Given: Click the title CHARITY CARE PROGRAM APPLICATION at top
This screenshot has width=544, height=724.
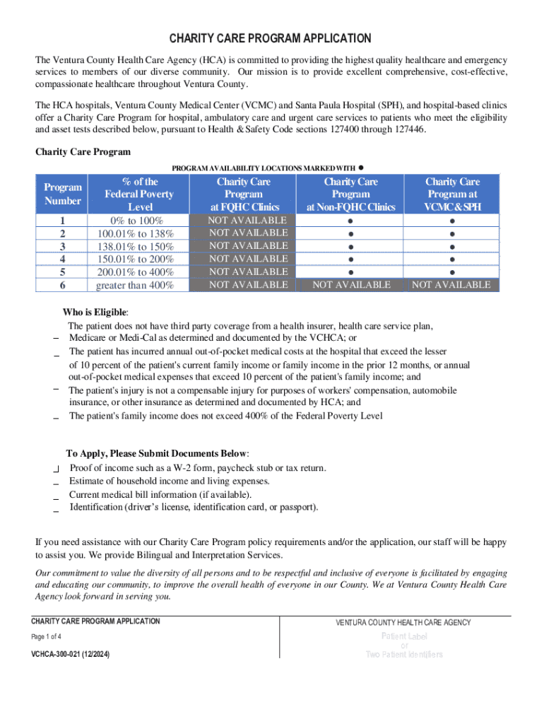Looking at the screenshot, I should (271, 38).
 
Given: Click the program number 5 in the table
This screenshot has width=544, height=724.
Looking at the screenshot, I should (63, 272).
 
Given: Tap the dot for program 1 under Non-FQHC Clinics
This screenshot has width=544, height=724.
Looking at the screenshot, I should (351, 221).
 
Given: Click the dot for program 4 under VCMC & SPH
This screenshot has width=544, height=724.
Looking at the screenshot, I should (452, 259).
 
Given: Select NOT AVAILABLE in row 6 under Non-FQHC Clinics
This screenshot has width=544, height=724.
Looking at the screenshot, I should (351, 285).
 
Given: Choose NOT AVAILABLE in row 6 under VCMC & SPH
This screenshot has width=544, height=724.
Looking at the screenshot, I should (451, 285).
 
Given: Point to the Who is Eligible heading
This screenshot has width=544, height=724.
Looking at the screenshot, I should (96, 313).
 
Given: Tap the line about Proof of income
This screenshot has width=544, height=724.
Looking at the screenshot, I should (197, 468).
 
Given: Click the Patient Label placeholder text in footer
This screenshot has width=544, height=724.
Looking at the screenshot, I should (404, 636).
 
